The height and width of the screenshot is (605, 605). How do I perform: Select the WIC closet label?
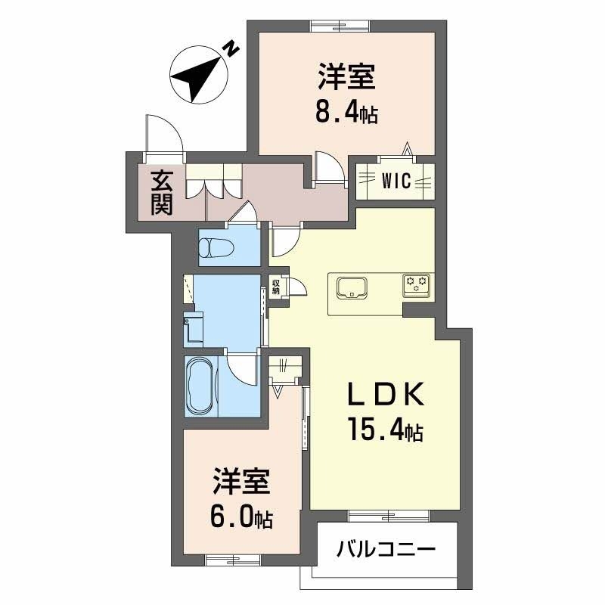(396, 181)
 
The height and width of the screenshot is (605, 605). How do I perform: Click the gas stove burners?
(417, 284)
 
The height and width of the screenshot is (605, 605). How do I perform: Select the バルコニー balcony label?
(386, 548)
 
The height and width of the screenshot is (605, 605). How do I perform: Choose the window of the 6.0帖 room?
(233, 560)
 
